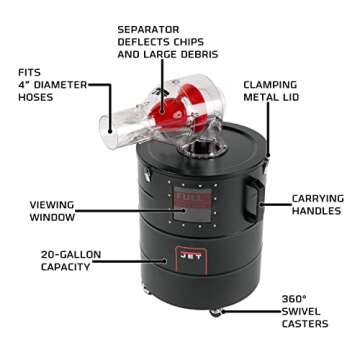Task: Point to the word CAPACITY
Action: click(68, 268)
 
